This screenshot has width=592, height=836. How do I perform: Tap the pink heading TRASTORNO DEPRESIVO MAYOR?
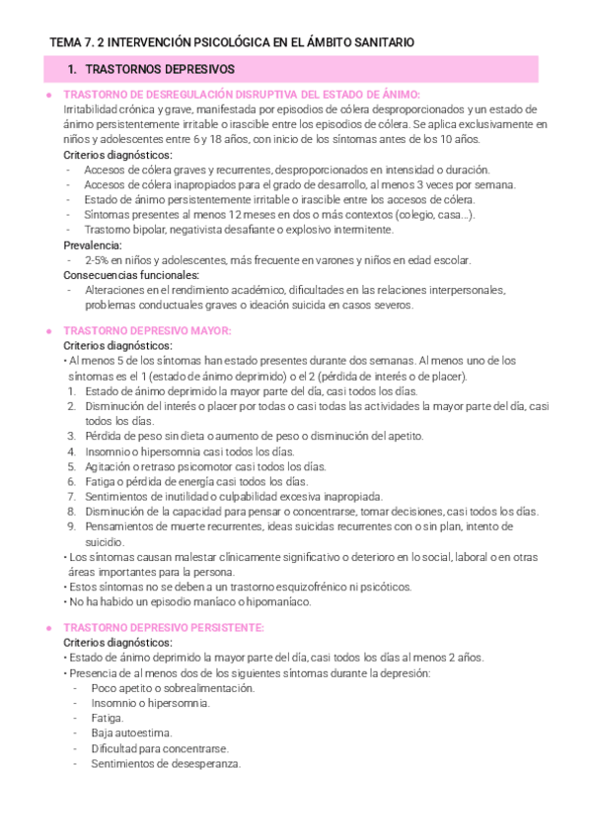[x=147, y=330]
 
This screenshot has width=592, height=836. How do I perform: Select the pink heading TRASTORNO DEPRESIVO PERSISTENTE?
[x=163, y=628]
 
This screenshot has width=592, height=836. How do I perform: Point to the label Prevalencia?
[x=93, y=244]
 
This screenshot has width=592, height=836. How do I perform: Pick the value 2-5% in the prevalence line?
[x=100, y=260]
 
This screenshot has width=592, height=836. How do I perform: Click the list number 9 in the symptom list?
[x=72, y=526]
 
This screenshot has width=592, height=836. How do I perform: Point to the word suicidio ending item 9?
[x=104, y=541]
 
